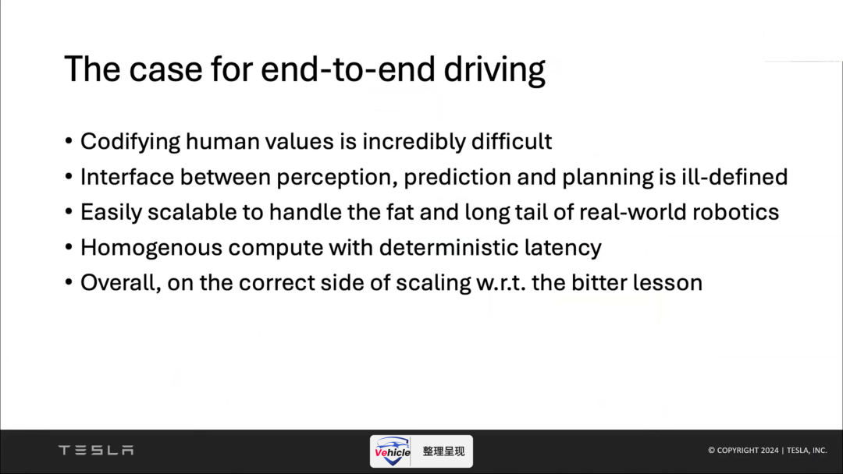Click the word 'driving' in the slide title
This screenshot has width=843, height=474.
[494, 70]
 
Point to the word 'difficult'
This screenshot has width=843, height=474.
[511, 141]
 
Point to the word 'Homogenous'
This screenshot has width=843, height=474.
[151, 248]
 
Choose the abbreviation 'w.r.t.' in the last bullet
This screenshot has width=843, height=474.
[501, 284]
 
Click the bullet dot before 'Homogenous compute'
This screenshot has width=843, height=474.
[69, 248]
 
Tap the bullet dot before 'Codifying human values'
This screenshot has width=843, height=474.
[69, 142]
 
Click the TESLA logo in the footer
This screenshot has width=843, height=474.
[96, 450]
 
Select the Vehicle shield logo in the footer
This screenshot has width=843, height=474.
[393, 451]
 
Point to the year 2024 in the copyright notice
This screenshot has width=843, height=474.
[770, 451]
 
